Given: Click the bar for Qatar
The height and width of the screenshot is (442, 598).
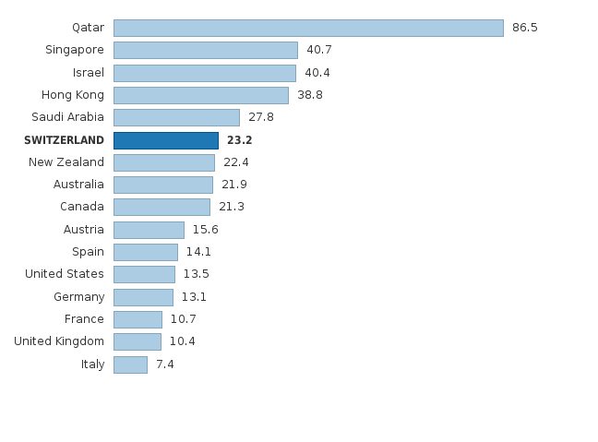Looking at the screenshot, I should coord(308,28).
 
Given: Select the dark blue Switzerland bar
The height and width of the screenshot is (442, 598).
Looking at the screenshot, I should coord(166,140).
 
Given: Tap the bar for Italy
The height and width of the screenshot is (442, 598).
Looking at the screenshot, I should coord(130,364).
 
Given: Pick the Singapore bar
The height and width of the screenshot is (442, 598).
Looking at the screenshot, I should coord(206,50).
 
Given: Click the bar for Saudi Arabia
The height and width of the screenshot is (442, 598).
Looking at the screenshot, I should coord(176,117).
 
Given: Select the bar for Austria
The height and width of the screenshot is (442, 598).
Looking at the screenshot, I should coord(149,230).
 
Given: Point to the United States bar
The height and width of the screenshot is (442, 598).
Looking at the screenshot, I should coord(144,274).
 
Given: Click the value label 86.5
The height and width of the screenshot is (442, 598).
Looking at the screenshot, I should coord(524,28).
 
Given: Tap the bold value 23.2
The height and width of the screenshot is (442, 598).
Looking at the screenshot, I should coord(239,140).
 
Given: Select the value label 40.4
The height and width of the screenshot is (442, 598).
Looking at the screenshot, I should coord(317,73).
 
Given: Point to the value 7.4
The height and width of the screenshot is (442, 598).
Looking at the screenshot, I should coord(164,364).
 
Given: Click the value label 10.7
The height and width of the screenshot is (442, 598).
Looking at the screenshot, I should coord(183,319).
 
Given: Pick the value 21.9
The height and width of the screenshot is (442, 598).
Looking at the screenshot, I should coord(233,185).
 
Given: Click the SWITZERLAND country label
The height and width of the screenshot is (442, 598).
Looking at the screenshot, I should coord(64,140).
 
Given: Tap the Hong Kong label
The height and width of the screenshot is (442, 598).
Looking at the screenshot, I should coord(72,95).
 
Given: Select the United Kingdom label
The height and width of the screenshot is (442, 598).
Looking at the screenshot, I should coord(59,341).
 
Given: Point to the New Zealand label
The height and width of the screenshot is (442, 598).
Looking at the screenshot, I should coord(66,162).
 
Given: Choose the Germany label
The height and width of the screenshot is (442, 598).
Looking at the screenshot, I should coord(78,297).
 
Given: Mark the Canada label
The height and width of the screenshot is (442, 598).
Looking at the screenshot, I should coord(82,207).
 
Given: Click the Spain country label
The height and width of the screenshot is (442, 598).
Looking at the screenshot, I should coord(88,252).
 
